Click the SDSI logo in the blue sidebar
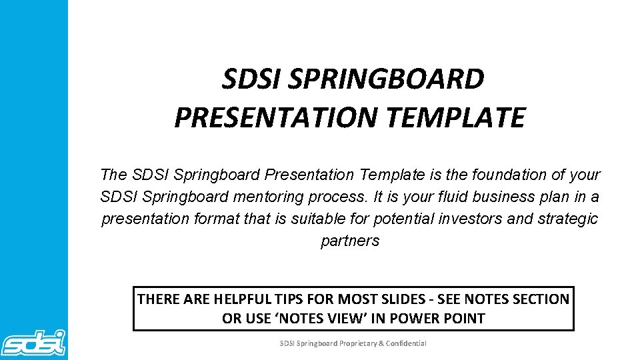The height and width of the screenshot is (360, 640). coord(33,342)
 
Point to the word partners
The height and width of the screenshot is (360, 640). coord(350,241)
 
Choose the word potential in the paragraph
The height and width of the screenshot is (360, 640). coord(404,219)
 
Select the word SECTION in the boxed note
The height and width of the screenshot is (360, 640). coord(539,299)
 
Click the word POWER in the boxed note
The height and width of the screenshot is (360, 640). coord(416,318)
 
